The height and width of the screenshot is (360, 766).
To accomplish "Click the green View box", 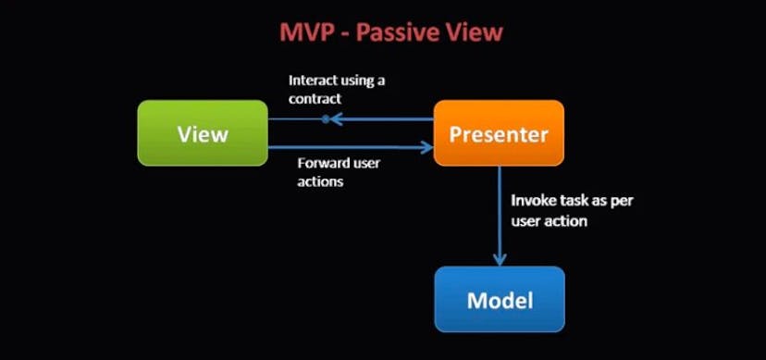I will pos(203,133).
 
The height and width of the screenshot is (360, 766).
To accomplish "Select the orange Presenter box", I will pos(499,133).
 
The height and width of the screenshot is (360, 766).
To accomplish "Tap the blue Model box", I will pos(499,299).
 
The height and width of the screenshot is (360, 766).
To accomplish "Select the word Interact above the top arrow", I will pos(315,81).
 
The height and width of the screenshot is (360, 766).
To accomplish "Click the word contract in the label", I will pos(315,98).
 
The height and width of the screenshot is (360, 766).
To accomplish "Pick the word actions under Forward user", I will pos(320,181).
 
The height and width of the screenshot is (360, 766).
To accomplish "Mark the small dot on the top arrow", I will pos(325,118).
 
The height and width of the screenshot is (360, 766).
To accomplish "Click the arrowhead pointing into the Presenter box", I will pos(427,147).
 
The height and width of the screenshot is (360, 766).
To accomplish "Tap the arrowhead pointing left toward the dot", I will pos(337,118).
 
